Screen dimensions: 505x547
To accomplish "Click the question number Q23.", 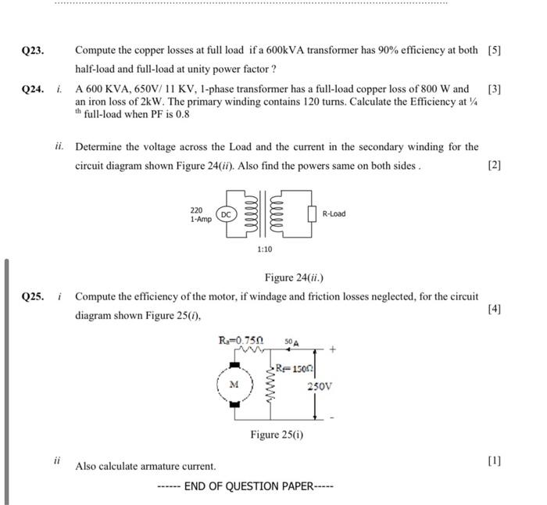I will (x=33, y=51).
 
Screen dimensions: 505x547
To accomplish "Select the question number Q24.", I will (x=33, y=89).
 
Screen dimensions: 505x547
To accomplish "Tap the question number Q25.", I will (x=33, y=297).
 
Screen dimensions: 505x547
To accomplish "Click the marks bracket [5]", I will (x=494, y=51).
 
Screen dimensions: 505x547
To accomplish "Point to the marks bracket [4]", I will (x=494, y=309).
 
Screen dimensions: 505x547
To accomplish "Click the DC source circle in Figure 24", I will (x=226, y=214).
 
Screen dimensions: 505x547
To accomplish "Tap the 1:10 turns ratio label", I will (x=265, y=249).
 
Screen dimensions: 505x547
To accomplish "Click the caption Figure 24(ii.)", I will (x=294, y=278).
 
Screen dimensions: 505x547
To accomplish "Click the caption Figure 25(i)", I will (x=277, y=435).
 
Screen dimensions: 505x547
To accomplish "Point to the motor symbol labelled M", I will (x=234, y=385).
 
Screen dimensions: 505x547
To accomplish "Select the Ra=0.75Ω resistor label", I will (x=241, y=340).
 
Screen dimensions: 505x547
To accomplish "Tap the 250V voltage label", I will (x=320, y=386).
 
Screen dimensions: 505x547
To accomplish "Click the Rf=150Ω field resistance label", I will (x=295, y=368).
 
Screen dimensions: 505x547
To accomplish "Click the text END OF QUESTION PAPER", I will (x=245, y=486).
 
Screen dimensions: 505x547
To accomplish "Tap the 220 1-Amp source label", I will (x=201, y=215).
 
